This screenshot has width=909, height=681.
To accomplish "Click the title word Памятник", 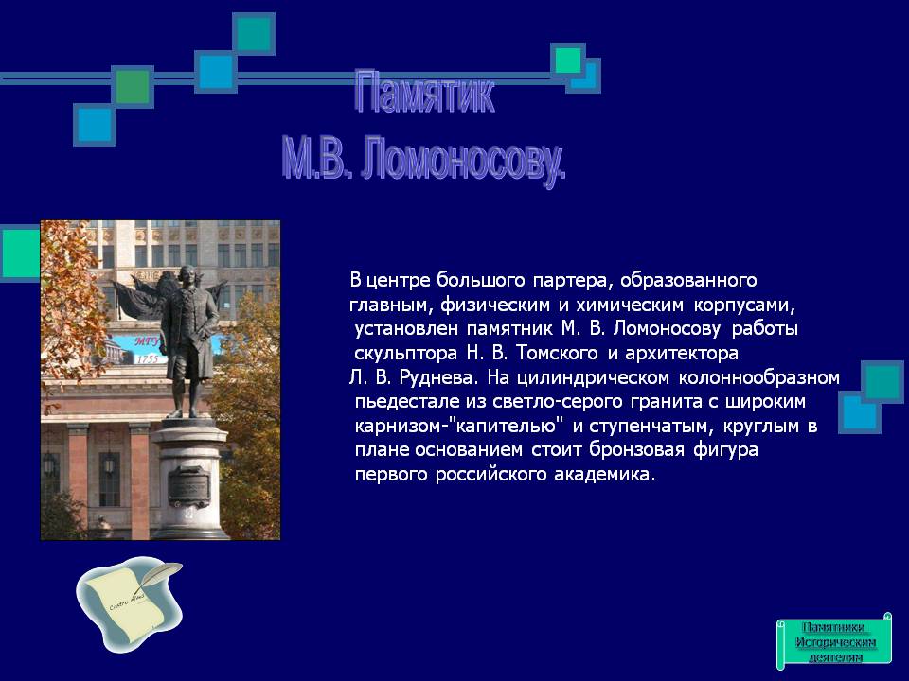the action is (x=424, y=93).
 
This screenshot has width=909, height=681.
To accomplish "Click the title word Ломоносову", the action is (x=463, y=160).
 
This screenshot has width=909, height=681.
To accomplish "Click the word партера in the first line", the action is (x=570, y=281).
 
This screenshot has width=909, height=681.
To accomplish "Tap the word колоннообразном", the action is (x=759, y=378).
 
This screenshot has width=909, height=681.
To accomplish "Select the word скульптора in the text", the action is (x=406, y=354).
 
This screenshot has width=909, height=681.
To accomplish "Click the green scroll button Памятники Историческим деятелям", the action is (x=833, y=641).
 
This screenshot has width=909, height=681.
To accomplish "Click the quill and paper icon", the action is (x=131, y=602).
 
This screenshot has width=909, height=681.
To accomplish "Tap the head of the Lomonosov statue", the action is (x=187, y=275).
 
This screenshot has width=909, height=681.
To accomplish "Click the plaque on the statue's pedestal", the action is (x=189, y=485).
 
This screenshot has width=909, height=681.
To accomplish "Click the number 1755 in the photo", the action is (x=147, y=359).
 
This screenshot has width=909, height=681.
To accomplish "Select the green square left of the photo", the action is (x=20, y=253).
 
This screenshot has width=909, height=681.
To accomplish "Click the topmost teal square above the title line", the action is (x=254, y=34).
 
